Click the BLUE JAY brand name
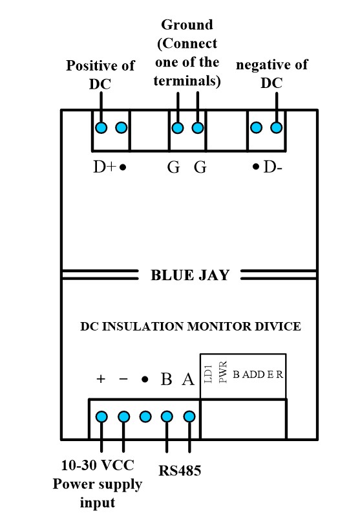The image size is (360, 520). pyautogui.click(x=190, y=276)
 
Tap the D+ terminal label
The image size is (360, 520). pyautogui.click(x=105, y=167)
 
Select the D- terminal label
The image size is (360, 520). pyautogui.click(x=273, y=167)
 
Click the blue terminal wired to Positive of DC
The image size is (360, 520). pyautogui.click(x=101, y=127)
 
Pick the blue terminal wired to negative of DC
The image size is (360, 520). pyautogui.click(x=276, y=127)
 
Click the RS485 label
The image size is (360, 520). pyautogui.click(x=180, y=471)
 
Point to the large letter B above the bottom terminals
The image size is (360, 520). pyautogui.click(x=166, y=379)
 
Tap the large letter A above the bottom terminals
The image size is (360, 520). pyautogui.click(x=188, y=379)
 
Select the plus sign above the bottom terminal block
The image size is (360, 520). pyautogui.click(x=101, y=379)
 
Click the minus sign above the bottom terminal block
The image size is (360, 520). pyautogui.click(x=123, y=379)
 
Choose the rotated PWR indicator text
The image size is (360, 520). pyautogui.click(x=223, y=372)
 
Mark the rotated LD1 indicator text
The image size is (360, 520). pyautogui.click(x=208, y=373)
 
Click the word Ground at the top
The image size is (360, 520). pyautogui.click(x=187, y=25)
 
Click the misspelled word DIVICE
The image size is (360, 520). pyautogui.click(x=278, y=327)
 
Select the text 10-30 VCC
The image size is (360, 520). pyautogui.click(x=98, y=465)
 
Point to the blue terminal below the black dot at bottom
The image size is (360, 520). pyautogui.click(x=145, y=417)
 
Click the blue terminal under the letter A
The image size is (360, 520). pyautogui.click(x=189, y=417)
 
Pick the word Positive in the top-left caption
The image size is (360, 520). pyautogui.click(x=89, y=65)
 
